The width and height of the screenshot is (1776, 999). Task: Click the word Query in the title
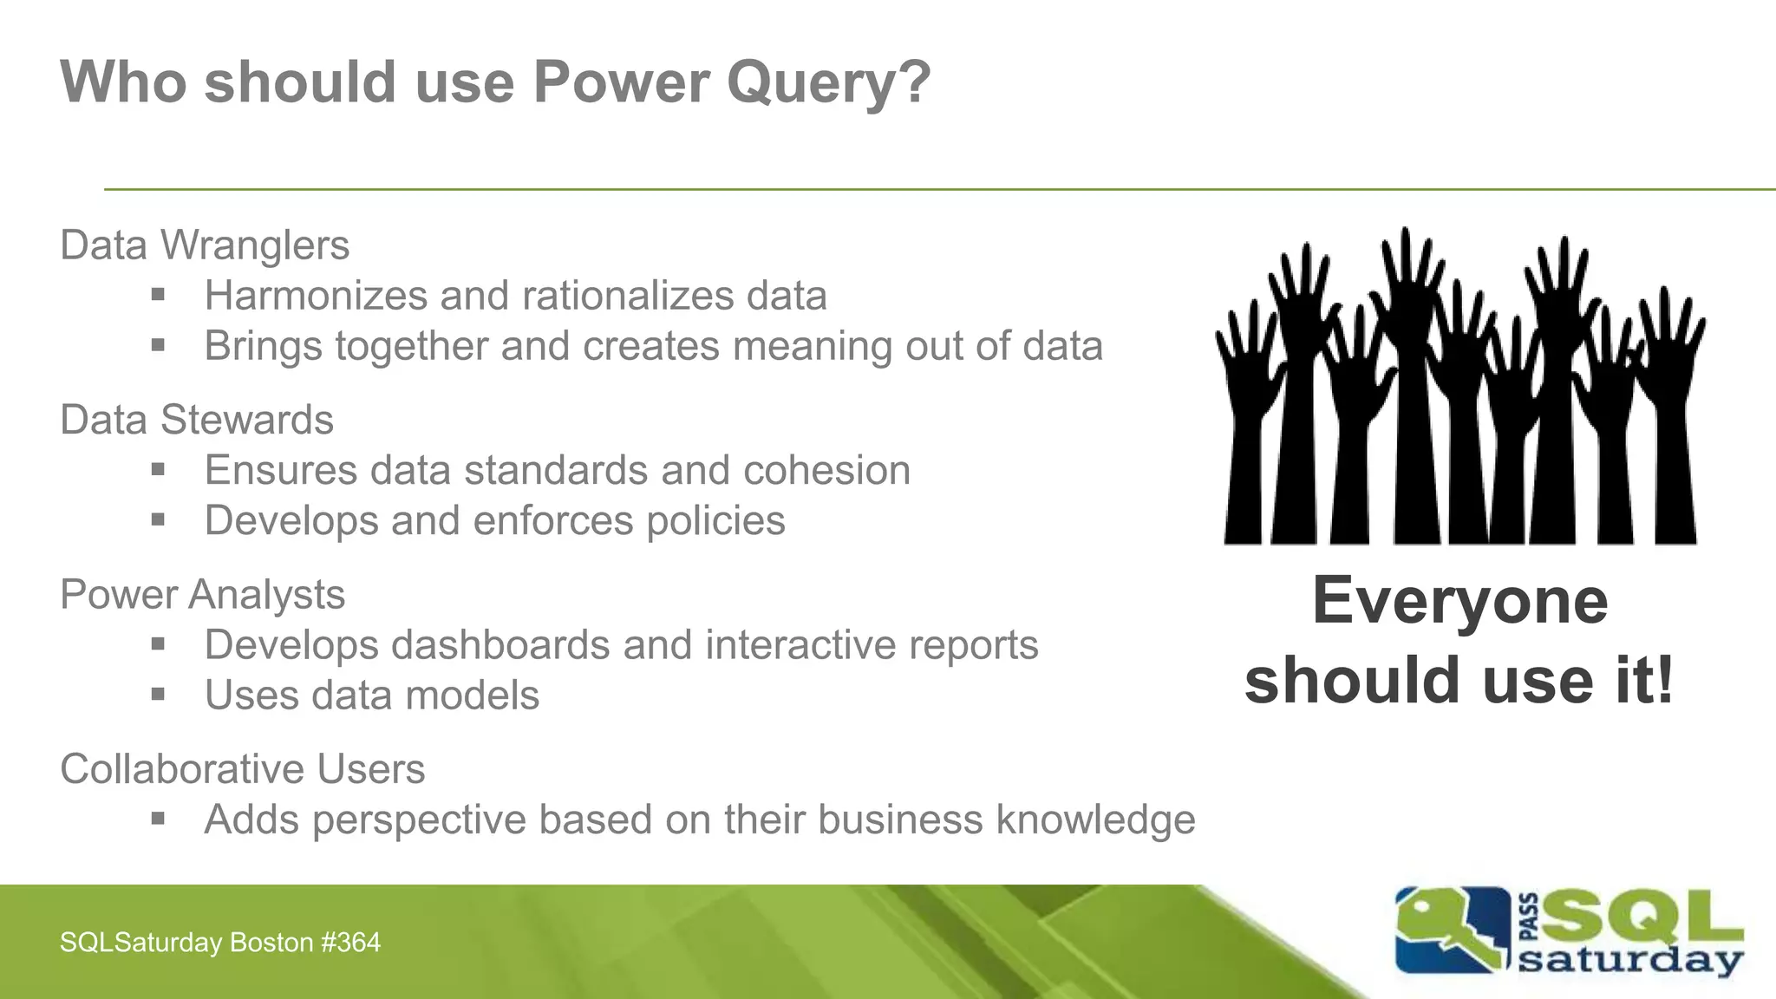pos(828,84)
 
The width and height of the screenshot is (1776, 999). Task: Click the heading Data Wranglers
pos(205,245)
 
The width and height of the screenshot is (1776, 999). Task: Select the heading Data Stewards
pos(197,421)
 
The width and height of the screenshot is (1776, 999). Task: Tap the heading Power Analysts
pos(202,595)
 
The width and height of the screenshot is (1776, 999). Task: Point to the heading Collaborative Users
pos(243,769)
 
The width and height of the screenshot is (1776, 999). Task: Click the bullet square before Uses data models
pos(158,695)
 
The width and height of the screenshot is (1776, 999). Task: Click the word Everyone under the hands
pos(1460,601)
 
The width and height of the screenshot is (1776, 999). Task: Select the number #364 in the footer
pos(350,943)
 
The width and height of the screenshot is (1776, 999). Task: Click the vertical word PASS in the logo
pos(1530,917)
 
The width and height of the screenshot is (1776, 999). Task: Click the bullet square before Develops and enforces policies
pos(158,520)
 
